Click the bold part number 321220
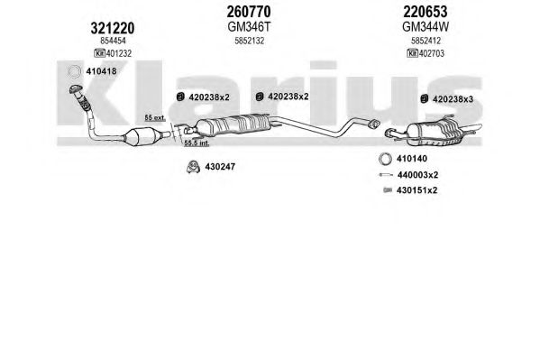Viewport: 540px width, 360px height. (113, 28)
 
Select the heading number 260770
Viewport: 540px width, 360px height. (249, 12)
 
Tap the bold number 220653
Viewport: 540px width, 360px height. (426, 12)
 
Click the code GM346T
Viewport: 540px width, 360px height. (249, 26)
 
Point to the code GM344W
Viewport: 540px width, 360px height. (426, 26)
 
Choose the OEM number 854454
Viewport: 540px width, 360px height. (113, 41)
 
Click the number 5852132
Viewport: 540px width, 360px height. (250, 41)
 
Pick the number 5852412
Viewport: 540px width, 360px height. (426, 41)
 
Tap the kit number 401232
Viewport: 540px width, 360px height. (119, 53)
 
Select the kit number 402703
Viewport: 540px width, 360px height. (432, 53)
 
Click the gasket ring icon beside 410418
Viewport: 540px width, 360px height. (74, 71)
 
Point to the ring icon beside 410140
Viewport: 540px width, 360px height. (385, 159)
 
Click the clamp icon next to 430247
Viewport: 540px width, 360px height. (193, 167)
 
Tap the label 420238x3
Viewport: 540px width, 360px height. (453, 99)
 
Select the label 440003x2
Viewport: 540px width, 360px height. (417, 175)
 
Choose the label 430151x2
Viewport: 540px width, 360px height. (417, 190)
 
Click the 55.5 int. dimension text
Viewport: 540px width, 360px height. (197, 143)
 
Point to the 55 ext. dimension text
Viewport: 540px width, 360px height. (155, 117)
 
